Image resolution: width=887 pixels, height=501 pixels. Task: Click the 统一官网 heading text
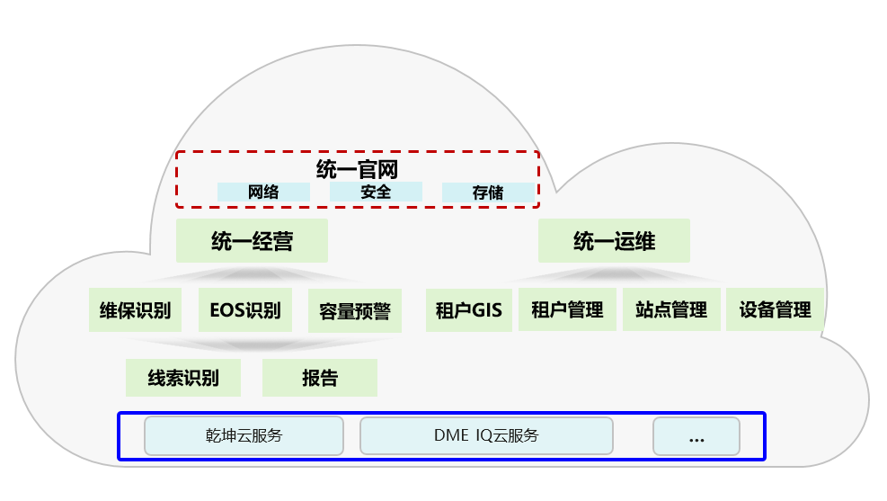[x=357, y=169]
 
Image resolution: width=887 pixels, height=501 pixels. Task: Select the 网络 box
[x=263, y=192]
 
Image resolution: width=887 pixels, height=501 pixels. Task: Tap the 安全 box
[x=376, y=192]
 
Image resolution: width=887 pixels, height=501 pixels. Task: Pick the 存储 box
[x=487, y=192]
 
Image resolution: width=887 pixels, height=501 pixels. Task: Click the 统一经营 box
[x=252, y=241]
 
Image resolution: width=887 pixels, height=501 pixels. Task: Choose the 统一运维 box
[x=614, y=241]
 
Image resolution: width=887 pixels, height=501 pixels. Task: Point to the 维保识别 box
[x=136, y=311]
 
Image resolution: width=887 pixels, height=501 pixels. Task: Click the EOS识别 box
[x=245, y=311]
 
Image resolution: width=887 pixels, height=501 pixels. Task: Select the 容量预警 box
[x=355, y=311]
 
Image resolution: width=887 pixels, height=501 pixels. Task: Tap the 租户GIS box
[x=468, y=310]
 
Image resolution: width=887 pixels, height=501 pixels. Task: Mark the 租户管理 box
[x=567, y=310]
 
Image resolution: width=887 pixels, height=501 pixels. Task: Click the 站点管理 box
[x=671, y=310]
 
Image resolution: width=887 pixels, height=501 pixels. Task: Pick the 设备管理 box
[x=775, y=310]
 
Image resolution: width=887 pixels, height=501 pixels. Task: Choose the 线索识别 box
[x=183, y=378]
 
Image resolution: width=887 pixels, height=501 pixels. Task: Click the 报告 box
[x=320, y=378]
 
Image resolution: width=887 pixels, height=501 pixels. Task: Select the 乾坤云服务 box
[x=244, y=435]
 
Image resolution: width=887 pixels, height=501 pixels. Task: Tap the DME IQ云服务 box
[x=486, y=435]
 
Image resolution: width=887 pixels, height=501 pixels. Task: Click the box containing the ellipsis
[x=696, y=436]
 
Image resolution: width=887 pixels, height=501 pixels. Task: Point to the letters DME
[x=451, y=435]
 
